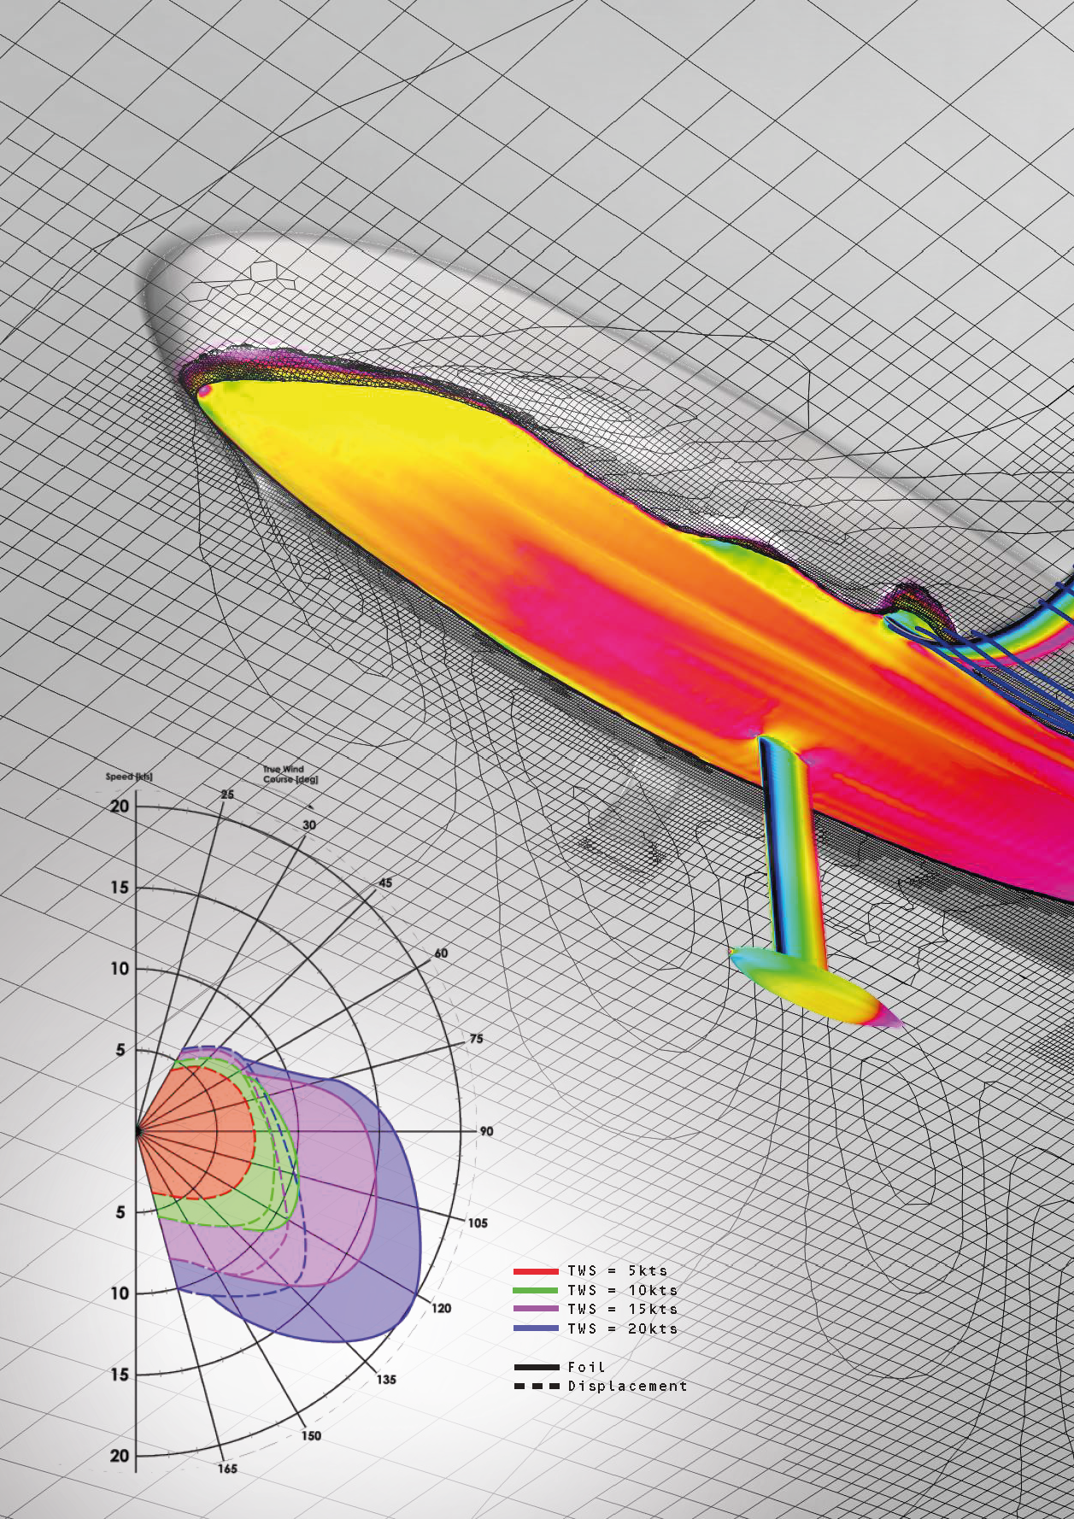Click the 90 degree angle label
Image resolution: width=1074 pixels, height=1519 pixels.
[486, 1131]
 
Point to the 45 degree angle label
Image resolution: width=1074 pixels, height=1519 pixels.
[385, 883]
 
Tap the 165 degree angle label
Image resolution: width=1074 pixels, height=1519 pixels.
[227, 1469]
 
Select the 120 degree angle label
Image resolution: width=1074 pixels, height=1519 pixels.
[441, 1308]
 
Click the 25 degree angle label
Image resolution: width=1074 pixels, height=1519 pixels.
[227, 795]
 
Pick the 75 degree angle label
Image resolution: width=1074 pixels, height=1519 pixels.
[476, 1039]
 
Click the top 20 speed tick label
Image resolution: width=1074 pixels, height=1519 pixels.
[120, 806]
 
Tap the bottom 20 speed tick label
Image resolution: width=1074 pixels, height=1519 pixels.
[120, 1456]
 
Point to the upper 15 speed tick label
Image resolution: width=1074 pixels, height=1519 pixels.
[120, 888]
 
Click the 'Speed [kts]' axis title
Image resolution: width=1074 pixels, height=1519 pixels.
[129, 777]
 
